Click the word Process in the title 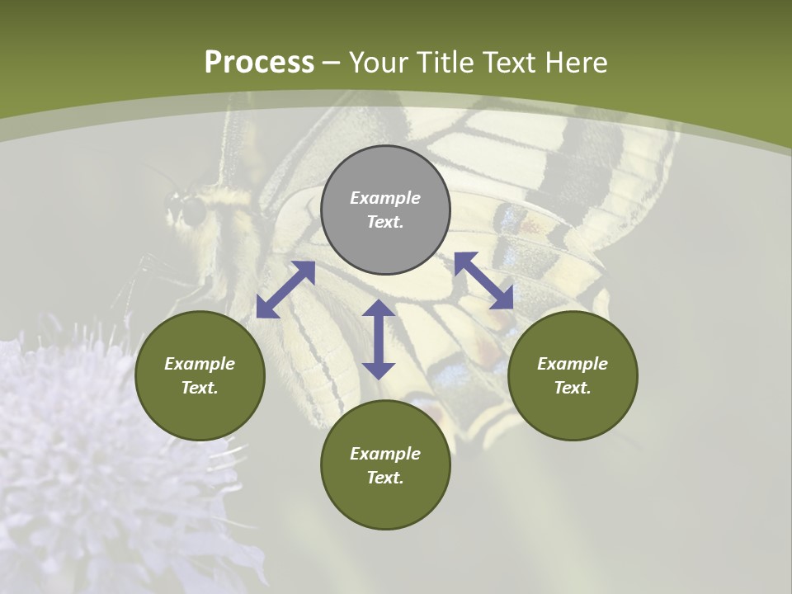[x=259, y=63]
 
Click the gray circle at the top [x=385, y=210]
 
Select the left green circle [x=200, y=375]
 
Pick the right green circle [x=573, y=375]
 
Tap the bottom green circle [x=385, y=465]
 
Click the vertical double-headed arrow [x=379, y=339]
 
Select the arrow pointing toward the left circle [x=285, y=290]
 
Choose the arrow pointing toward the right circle [x=483, y=280]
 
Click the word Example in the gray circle [x=385, y=198]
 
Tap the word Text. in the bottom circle [x=385, y=478]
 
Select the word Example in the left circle [x=200, y=364]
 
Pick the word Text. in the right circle [x=573, y=388]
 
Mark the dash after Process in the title [x=332, y=63]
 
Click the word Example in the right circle [x=573, y=364]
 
